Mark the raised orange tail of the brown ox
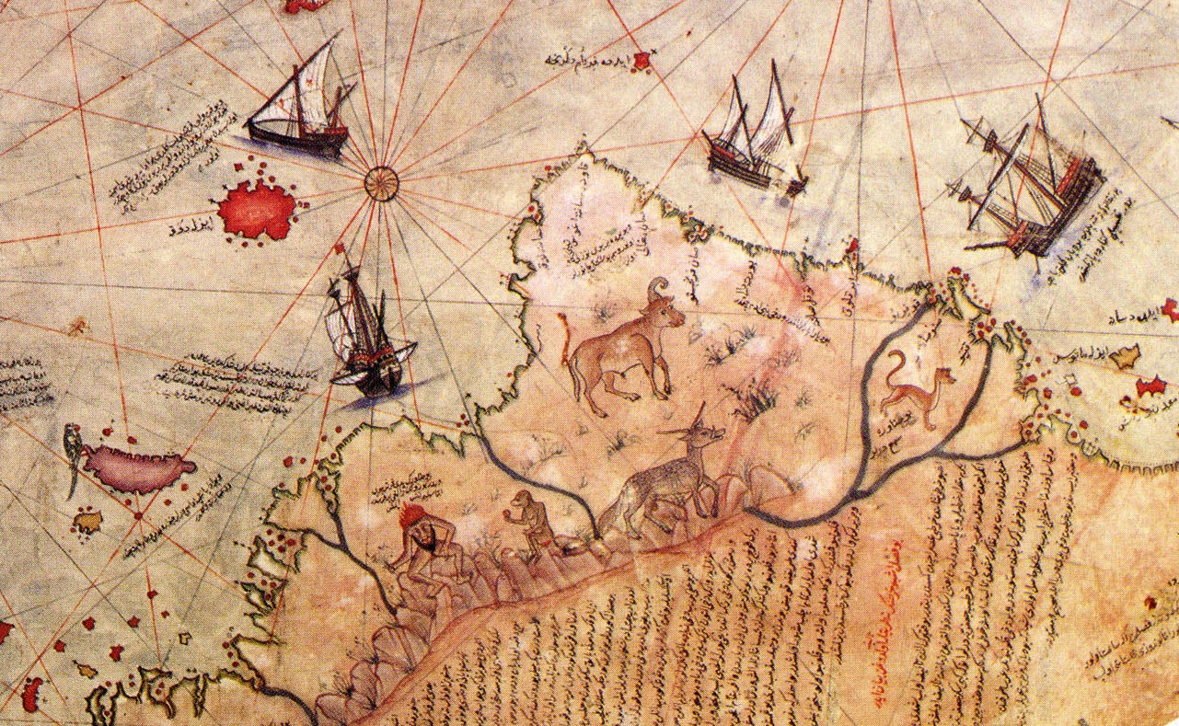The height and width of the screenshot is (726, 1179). point(562,337)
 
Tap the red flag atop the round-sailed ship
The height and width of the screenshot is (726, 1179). point(341,248)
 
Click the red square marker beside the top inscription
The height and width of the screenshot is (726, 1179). point(642,62)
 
